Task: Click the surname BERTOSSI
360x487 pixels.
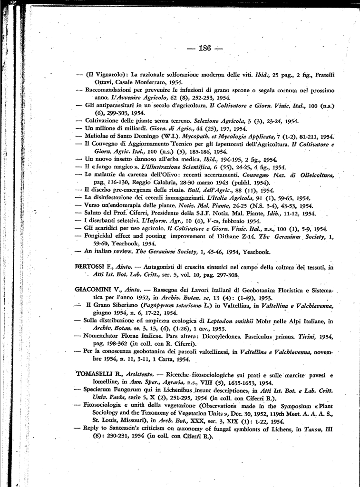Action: pyautogui.click(x=92, y=267)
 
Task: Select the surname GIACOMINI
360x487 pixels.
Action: pyautogui.click(x=94, y=289)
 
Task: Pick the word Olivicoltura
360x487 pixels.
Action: pyautogui.click(x=313, y=175)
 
